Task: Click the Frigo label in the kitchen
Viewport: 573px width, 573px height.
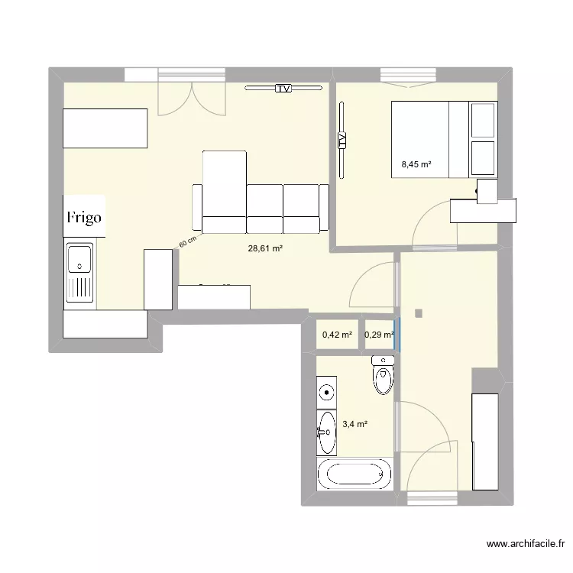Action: point(83,217)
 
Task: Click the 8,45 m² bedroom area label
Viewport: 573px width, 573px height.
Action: point(416,163)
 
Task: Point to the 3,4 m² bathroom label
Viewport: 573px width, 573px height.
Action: point(355,424)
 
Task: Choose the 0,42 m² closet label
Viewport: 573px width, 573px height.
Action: point(337,335)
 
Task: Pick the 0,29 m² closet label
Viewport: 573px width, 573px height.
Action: point(380,335)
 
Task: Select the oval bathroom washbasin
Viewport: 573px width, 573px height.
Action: point(327,432)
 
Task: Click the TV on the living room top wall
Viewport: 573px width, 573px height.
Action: point(283,89)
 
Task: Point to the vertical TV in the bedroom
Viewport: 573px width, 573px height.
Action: point(342,140)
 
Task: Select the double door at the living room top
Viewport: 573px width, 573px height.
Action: point(192,98)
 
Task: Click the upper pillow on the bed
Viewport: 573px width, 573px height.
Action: point(483,118)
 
